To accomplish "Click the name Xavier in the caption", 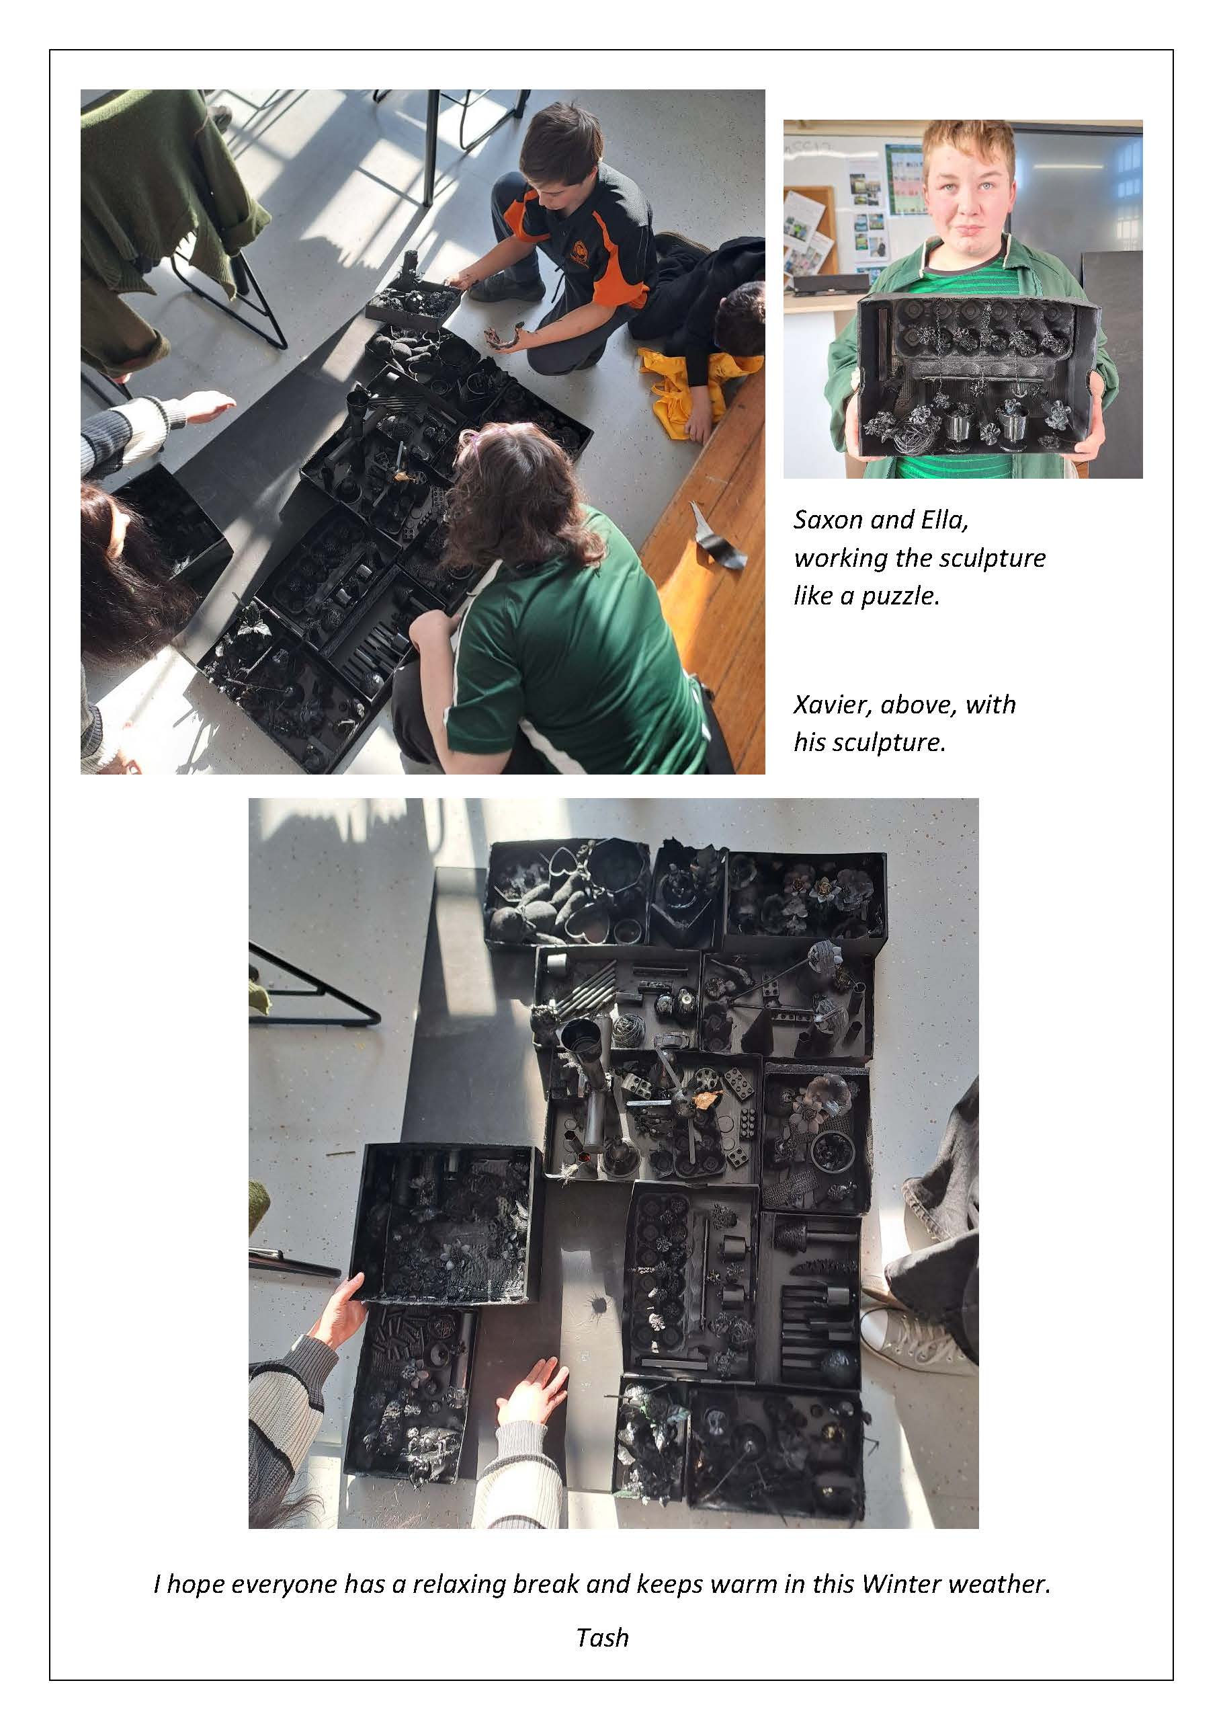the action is [x=832, y=705].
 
